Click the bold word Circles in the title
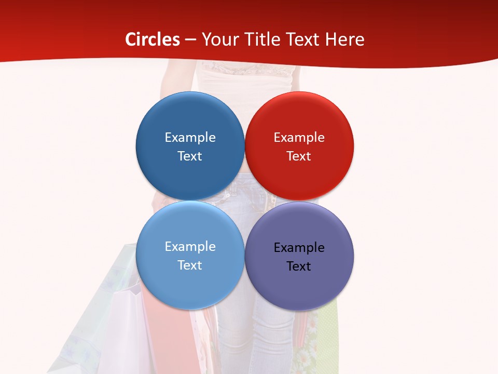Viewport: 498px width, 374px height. (153, 39)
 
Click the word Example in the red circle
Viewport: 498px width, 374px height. (299, 137)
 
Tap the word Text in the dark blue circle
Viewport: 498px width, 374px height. (190, 156)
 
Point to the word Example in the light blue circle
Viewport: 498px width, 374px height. (190, 246)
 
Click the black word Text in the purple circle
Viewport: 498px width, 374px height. (299, 266)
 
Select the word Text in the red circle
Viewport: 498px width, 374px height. (299, 156)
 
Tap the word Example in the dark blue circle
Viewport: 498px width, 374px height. (190, 137)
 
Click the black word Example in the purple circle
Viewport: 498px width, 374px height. (299, 247)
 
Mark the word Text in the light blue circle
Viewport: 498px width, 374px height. (190, 265)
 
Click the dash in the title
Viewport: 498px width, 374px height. (190, 40)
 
